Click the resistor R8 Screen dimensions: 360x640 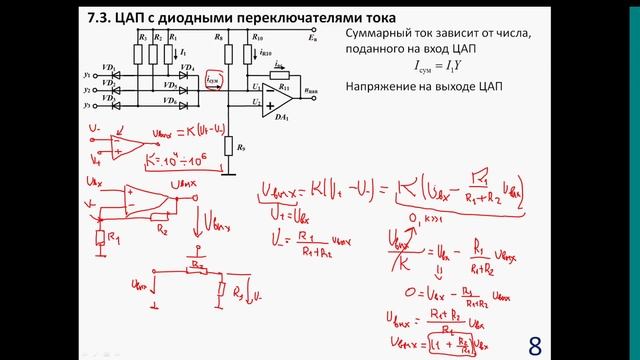[x=227, y=51]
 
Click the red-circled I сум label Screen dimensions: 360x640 [x=213, y=80]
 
